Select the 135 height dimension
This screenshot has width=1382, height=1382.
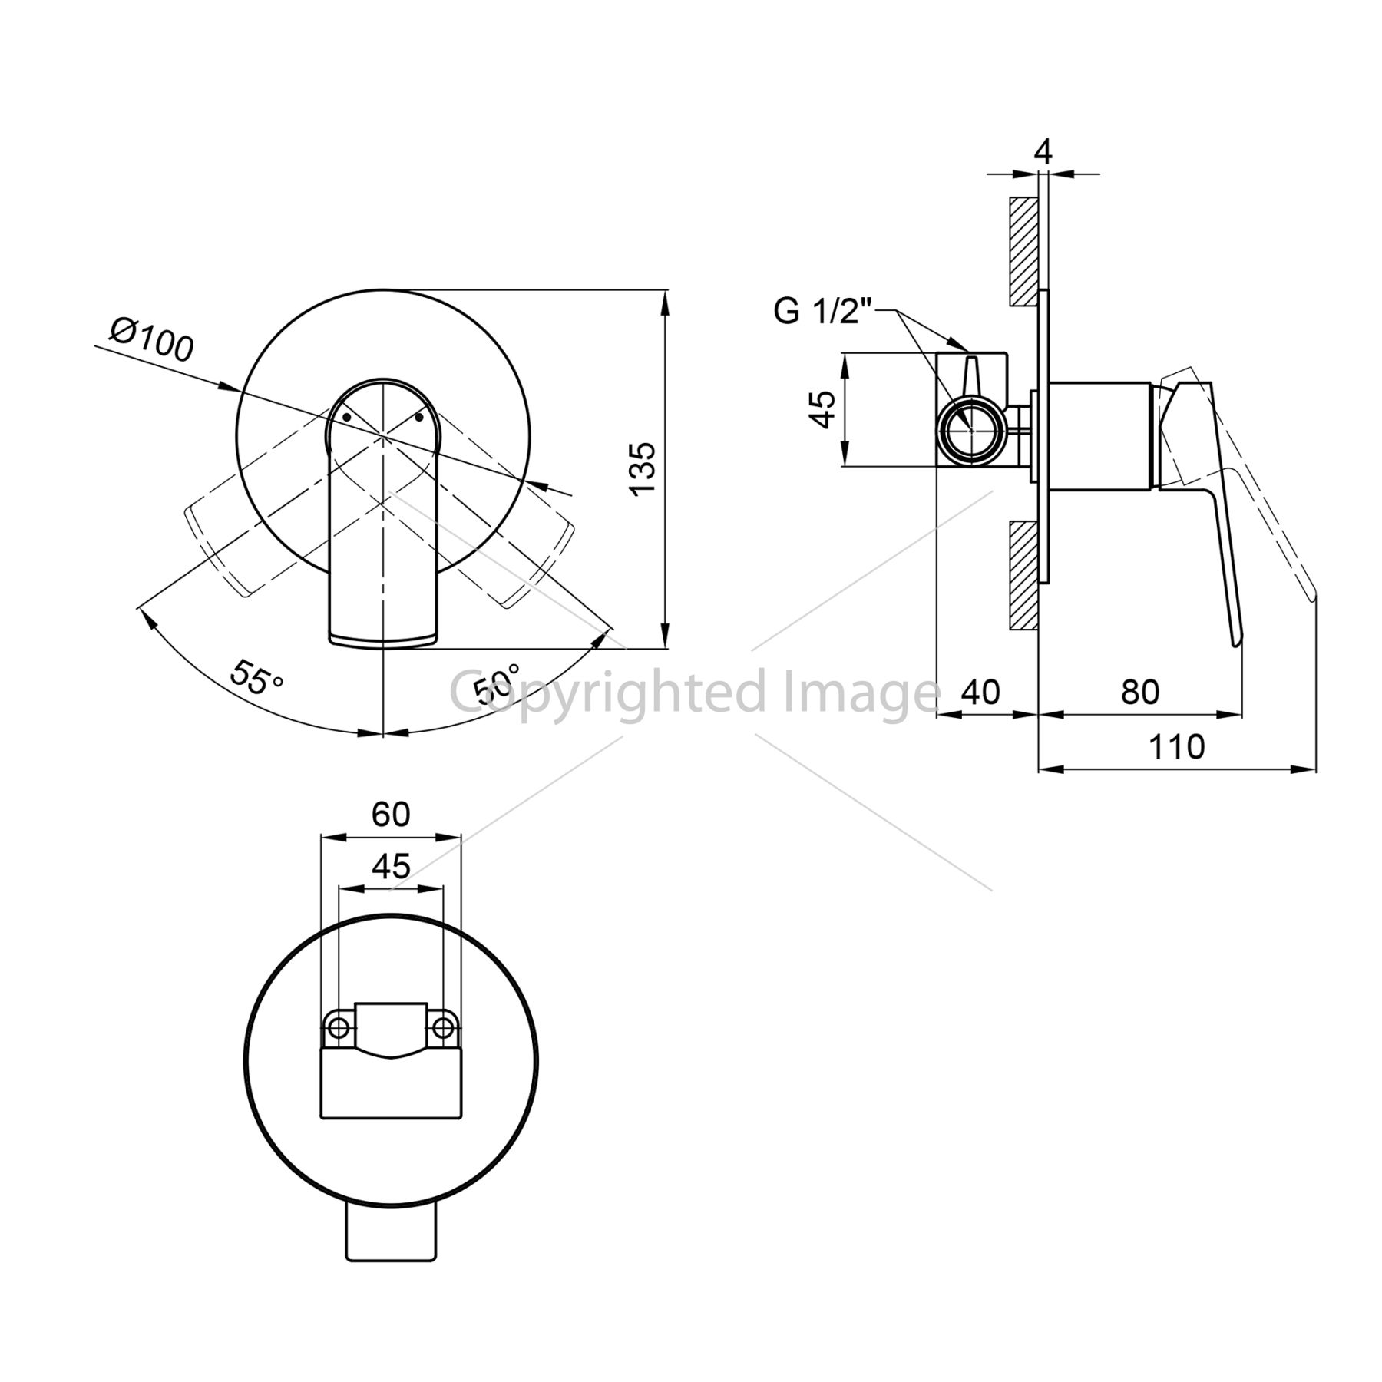tap(642, 468)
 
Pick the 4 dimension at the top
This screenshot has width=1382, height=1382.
tap(1043, 151)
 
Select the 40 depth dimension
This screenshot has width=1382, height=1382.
tap(980, 692)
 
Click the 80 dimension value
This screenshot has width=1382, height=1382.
tap(1139, 692)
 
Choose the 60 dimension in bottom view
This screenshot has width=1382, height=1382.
tap(391, 814)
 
